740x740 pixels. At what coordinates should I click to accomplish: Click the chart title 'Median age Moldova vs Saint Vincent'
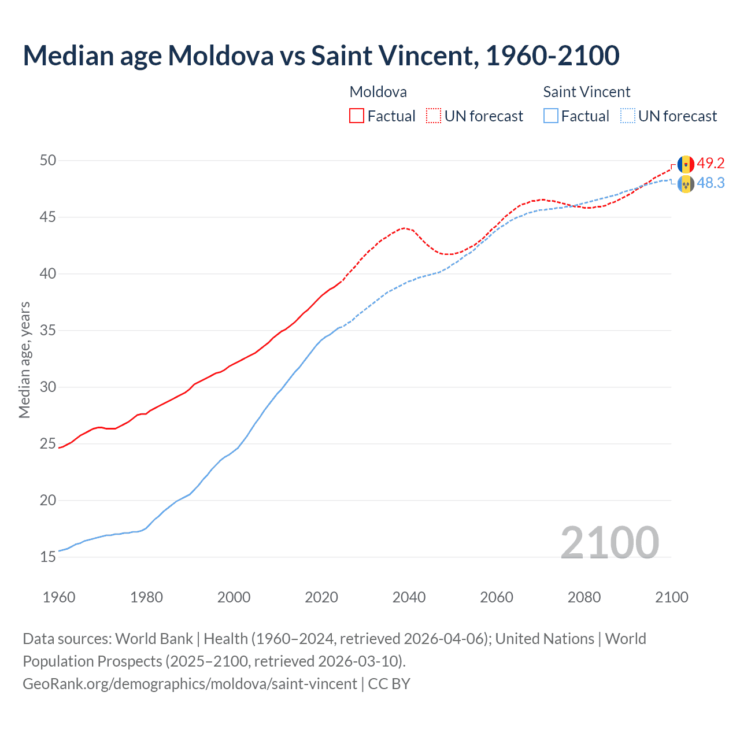[x=321, y=55]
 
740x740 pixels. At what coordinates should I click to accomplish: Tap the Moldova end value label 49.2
[x=711, y=164]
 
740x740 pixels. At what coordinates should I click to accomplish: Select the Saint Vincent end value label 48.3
[x=711, y=183]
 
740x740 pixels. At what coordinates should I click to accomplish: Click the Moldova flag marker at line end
[x=686, y=164]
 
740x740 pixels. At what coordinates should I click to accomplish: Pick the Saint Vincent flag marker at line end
[x=686, y=184]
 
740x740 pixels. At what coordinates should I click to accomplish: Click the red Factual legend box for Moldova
[x=357, y=116]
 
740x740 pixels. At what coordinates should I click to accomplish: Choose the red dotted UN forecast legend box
[x=434, y=116]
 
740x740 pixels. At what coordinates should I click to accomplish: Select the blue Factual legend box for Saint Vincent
[x=551, y=116]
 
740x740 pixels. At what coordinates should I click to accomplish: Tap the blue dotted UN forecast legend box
[x=627, y=116]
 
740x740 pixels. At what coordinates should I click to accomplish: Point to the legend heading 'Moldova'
[x=378, y=92]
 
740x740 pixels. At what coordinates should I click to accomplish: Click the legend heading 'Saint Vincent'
[x=586, y=92]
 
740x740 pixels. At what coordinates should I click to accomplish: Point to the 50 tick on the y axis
[x=48, y=160]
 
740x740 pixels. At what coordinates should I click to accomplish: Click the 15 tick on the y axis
[x=48, y=557]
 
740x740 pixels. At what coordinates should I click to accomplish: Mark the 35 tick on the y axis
[x=48, y=331]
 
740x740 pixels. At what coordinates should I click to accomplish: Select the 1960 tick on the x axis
[x=59, y=597]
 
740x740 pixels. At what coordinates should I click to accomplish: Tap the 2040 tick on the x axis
[x=409, y=597]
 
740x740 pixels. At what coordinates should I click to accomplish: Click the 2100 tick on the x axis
[x=671, y=597]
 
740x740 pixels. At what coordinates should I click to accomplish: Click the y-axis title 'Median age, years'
[x=24, y=360]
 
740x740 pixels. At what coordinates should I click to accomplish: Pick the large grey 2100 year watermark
[x=609, y=542]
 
